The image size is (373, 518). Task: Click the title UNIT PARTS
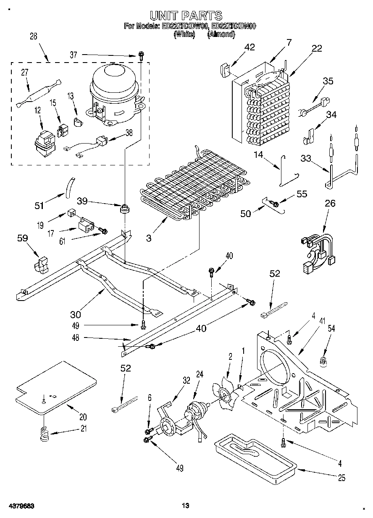[x=186, y=16]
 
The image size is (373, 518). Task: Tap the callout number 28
[x=33, y=37]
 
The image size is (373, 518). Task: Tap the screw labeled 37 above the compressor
[x=141, y=55]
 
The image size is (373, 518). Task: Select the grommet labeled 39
[x=124, y=208]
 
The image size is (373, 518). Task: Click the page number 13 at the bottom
[x=186, y=506]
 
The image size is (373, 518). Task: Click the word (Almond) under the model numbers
[x=221, y=35]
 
